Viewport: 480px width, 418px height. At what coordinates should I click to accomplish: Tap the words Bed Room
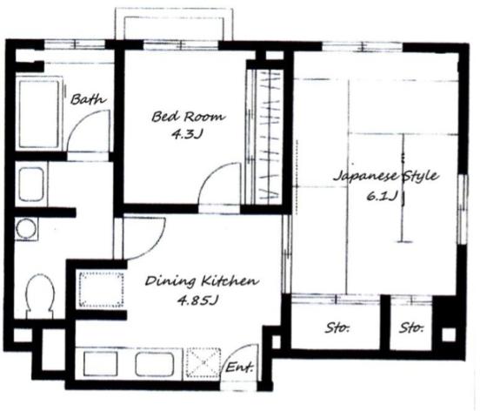[x=189, y=117]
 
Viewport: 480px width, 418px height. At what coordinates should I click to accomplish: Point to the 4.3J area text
[x=188, y=134]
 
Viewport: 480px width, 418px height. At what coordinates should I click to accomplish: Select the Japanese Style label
[x=386, y=176]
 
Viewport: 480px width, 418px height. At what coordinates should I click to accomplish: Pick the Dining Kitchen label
[x=202, y=281]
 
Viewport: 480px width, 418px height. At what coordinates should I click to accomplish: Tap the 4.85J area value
[x=197, y=300]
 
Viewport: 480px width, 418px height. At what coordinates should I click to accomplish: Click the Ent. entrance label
[x=240, y=367]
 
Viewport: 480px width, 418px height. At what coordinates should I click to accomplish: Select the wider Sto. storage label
[x=337, y=328]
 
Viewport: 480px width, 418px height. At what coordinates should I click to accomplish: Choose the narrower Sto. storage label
[x=411, y=328]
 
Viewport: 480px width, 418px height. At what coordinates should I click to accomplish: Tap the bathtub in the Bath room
[x=39, y=114]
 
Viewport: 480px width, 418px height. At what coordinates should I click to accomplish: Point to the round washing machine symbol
[x=26, y=229]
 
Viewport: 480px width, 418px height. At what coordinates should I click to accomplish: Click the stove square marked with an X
[x=203, y=363]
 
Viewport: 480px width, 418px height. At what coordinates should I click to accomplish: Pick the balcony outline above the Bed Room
[x=174, y=10]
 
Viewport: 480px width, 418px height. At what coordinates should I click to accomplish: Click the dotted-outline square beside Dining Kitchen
[x=102, y=289]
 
